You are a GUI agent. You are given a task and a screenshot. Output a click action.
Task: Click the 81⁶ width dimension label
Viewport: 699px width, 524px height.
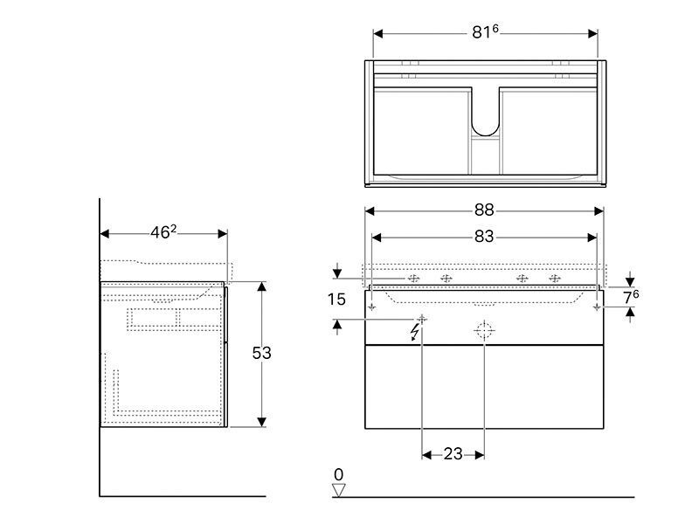[x=485, y=32]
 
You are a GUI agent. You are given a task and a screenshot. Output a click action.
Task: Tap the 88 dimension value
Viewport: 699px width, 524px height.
[x=484, y=210]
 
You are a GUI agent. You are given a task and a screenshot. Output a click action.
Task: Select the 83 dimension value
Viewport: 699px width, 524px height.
[x=484, y=237]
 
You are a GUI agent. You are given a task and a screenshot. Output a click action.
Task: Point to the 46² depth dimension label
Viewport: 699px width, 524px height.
[x=163, y=231]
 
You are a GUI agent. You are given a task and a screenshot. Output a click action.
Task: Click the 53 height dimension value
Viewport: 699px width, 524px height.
[x=261, y=353]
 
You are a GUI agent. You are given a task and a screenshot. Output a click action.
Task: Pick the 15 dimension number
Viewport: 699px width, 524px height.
[x=336, y=299]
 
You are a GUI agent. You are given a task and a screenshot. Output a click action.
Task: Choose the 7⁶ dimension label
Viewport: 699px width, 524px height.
[x=631, y=297]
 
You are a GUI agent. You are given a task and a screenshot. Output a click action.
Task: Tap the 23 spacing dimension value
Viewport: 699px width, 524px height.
[x=453, y=454]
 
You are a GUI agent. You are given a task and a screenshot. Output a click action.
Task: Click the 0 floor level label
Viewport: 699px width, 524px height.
[x=339, y=474]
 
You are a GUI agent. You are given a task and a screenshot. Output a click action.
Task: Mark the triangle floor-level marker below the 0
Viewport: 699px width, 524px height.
[x=339, y=490]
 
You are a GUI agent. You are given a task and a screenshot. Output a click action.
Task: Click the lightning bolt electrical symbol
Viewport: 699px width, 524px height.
[x=415, y=333]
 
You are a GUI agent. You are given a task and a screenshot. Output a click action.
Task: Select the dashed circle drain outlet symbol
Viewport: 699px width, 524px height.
[x=484, y=331]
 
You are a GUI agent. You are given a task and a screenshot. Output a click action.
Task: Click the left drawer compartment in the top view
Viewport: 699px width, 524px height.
[x=421, y=130]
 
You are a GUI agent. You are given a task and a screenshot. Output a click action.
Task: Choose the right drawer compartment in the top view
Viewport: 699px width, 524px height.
[x=550, y=130]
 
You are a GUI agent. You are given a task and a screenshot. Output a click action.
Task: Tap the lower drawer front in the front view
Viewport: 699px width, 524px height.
[x=484, y=387]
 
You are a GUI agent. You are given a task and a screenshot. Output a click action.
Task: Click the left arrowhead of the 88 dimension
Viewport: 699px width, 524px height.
[x=370, y=211]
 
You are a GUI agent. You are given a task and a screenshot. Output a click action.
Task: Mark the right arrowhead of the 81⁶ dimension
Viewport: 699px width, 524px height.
[x=592, y=34]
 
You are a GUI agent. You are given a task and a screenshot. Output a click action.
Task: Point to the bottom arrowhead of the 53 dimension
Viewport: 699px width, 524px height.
[x=261, y=422]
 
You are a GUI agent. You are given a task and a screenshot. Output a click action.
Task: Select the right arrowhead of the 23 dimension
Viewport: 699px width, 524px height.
[x=480, y=455]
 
